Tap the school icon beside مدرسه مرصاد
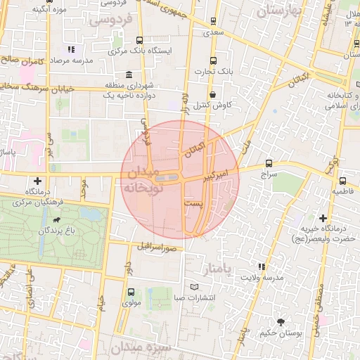coord(70,50)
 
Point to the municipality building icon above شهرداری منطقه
coord(127,75)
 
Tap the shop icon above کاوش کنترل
coord(212,94)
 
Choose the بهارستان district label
coord(283,11)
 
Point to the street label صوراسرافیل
coord(156,246)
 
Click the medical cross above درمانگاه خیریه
coord(323,218)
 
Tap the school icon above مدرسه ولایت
coord(262,266)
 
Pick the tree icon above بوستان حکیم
coord(281,322)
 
